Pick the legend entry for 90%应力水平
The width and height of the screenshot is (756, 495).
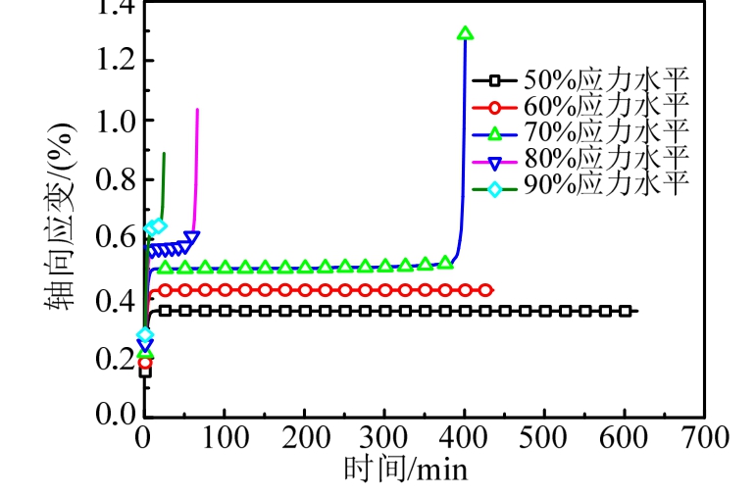tap(579, 183)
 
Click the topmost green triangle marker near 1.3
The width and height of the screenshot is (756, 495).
tap(465, 33)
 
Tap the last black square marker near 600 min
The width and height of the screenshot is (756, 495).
tap(625, 311)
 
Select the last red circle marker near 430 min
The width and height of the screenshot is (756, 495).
tap(485, 290)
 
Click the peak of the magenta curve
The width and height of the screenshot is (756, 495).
tap(198, 110)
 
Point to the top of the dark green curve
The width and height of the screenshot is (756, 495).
tap(164, 154)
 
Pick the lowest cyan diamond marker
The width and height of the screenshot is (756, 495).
tap(145, 335)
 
